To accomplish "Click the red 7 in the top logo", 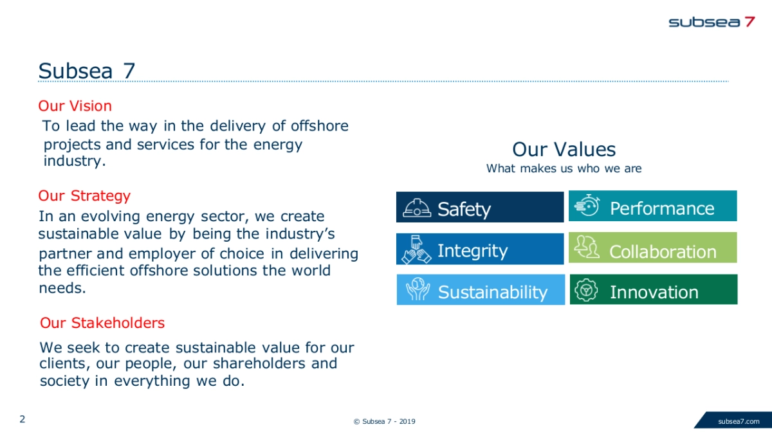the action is click(750, 22).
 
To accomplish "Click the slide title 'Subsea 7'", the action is click(86, 71).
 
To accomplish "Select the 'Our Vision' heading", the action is click(75, 105).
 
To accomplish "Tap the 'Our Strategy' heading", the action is click(84, 196).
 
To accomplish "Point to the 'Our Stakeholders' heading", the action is click(102, 323).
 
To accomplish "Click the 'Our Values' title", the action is click(564, 149).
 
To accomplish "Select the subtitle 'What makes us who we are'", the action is click(564, 168).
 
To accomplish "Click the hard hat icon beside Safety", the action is click(417, 208).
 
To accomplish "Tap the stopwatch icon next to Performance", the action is click(587, 205).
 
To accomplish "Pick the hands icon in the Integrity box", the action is click(416, 249).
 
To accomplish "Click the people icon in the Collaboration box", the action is click(587, 247).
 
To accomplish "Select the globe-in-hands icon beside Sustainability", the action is click(418, 289).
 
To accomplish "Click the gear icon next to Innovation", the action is click(586, 290).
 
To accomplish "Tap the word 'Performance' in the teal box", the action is click(662, 209).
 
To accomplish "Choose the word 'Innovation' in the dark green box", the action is click(654, 292).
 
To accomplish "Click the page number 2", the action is click(23, 419).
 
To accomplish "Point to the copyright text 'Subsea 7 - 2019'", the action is click(389, 421).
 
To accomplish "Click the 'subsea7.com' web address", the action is click(739, 421).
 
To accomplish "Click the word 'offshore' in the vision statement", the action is click(320, 126).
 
